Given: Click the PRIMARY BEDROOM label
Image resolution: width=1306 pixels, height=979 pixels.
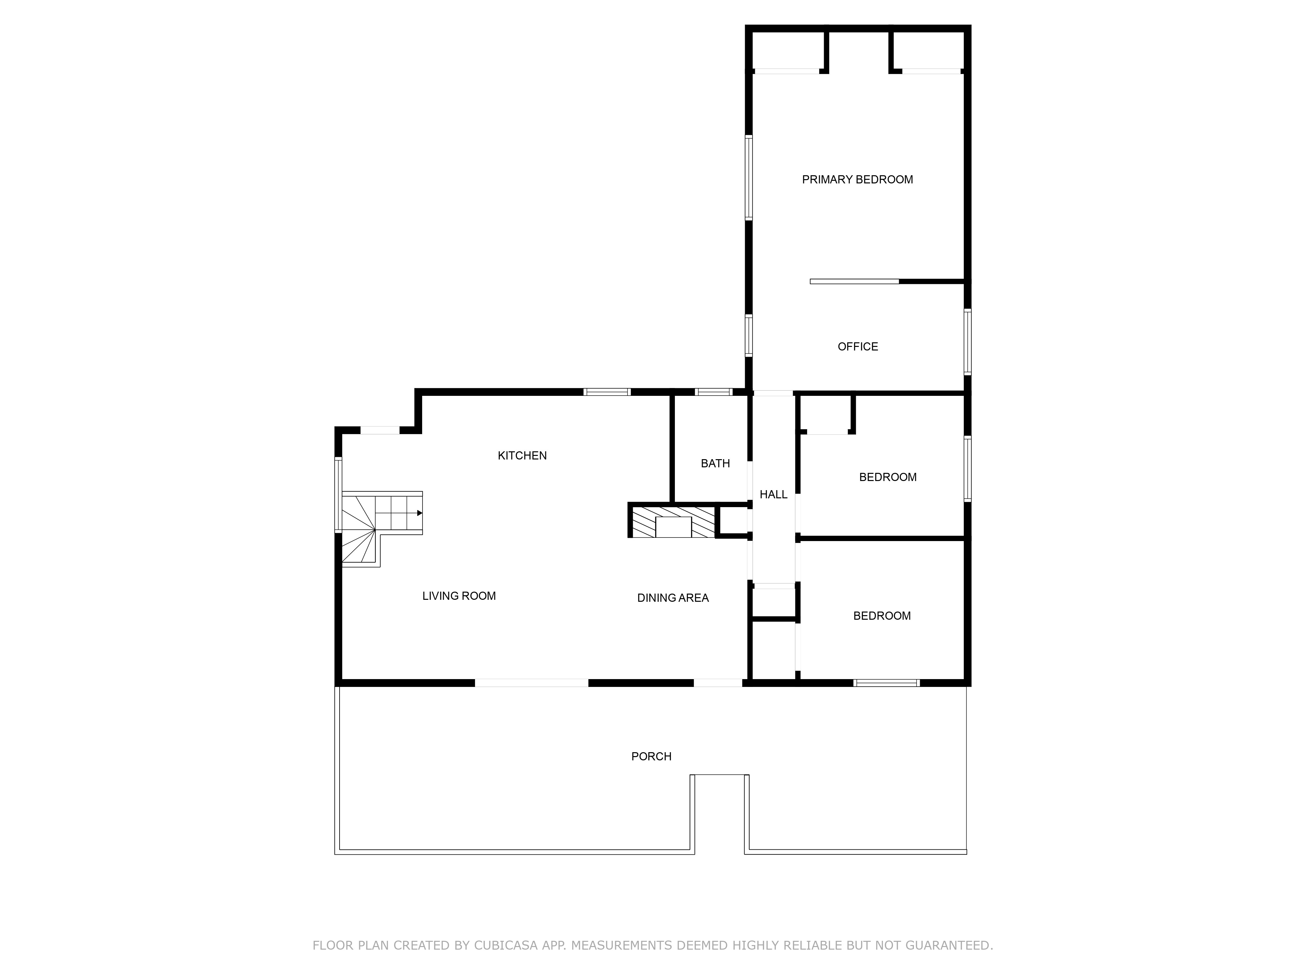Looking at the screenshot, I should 857,179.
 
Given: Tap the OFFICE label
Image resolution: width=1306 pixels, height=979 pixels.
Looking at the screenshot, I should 857,346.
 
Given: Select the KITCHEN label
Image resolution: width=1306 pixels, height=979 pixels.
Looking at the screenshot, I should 522,456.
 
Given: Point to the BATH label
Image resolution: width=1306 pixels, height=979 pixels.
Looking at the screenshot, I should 715,463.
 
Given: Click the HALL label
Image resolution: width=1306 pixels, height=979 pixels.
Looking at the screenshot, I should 773,494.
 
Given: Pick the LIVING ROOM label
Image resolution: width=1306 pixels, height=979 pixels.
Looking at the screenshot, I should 459,596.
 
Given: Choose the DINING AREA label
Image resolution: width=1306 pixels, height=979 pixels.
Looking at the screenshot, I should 673,598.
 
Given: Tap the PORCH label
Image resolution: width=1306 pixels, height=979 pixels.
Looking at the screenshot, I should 651,756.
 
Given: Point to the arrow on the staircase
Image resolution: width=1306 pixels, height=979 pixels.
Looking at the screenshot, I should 419,513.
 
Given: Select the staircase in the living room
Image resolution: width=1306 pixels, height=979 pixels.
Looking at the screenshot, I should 378,525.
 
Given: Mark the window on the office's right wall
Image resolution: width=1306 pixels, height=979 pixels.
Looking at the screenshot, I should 967,342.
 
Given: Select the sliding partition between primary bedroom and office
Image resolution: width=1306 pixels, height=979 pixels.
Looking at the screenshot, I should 854,282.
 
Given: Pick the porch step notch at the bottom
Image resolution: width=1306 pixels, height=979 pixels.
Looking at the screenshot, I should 720,814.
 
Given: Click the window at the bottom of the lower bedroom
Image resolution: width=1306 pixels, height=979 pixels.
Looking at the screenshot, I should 886,683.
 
